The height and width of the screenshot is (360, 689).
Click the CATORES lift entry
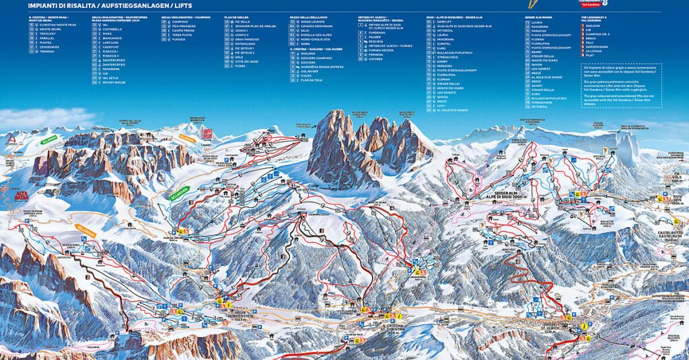click(x=375, y=59)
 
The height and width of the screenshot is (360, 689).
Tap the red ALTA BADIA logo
click(x=22, y=195)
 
